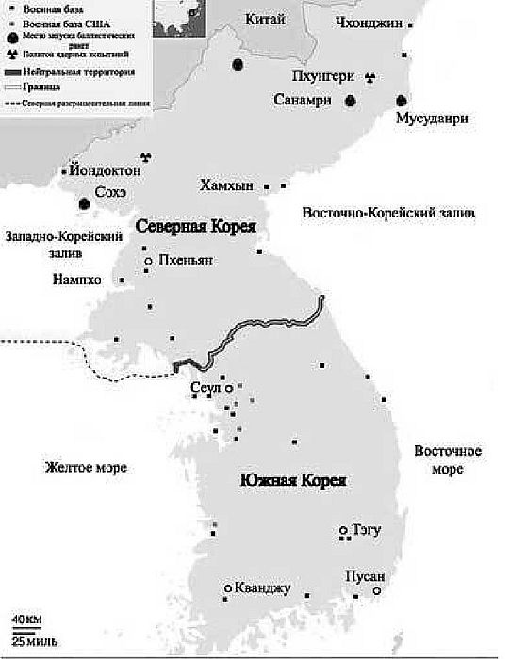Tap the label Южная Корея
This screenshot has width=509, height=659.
(293, 481)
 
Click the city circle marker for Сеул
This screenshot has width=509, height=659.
(228, 387)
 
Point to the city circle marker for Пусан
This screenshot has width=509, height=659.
(376, 591)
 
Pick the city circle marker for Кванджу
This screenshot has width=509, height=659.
(227, 588)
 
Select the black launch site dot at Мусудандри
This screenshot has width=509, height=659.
(402, 100)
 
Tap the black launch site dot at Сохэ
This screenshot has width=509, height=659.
(85, 203)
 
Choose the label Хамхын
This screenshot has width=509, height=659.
(226, 186)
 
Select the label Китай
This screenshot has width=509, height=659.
(265, 19)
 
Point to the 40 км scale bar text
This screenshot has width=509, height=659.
(25, 619)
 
